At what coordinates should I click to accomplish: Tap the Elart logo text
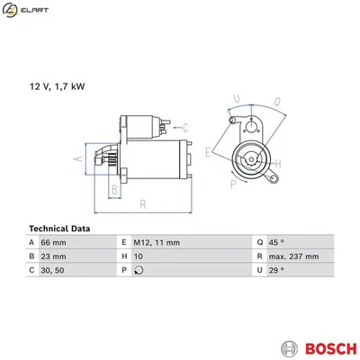(x=35, y=9)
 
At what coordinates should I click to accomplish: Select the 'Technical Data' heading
(x=59, y=228)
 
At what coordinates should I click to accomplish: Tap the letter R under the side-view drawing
(x=143, y=205)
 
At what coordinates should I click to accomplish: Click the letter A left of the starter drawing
(x=76, y=158)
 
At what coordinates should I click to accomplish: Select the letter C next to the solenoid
(x=184, y=126)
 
